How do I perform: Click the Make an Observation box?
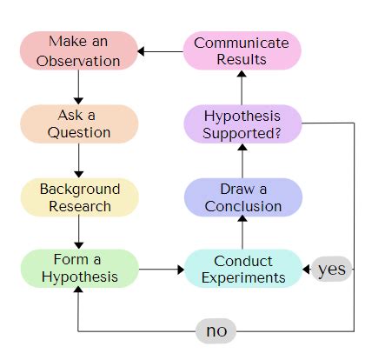78,50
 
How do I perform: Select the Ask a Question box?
78,123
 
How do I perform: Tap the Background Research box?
78,197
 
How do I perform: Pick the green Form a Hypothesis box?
78,269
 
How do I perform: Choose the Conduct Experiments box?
242,269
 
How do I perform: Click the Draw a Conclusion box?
242,197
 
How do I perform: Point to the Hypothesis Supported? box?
242,123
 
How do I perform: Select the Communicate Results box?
242,50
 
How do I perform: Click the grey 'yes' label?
331,269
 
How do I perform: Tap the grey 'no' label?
216,330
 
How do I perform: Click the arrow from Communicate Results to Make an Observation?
161,50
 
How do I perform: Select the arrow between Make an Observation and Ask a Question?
78,87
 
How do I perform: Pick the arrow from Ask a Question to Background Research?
78,160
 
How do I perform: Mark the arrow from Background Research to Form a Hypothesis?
78,233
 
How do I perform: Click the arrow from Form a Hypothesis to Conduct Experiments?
161,270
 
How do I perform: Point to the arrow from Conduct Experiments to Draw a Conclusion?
242,233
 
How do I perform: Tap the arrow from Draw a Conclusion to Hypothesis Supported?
242,160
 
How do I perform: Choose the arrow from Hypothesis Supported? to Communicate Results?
242,87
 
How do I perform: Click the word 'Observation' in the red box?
78,61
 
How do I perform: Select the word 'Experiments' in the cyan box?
242,278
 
